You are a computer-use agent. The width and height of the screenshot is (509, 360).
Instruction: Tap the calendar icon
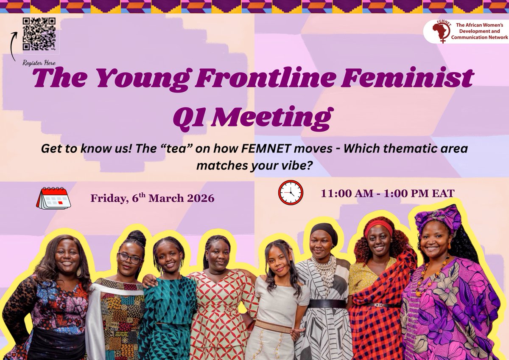53,198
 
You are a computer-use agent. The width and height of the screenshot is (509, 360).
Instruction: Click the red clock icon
291,192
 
